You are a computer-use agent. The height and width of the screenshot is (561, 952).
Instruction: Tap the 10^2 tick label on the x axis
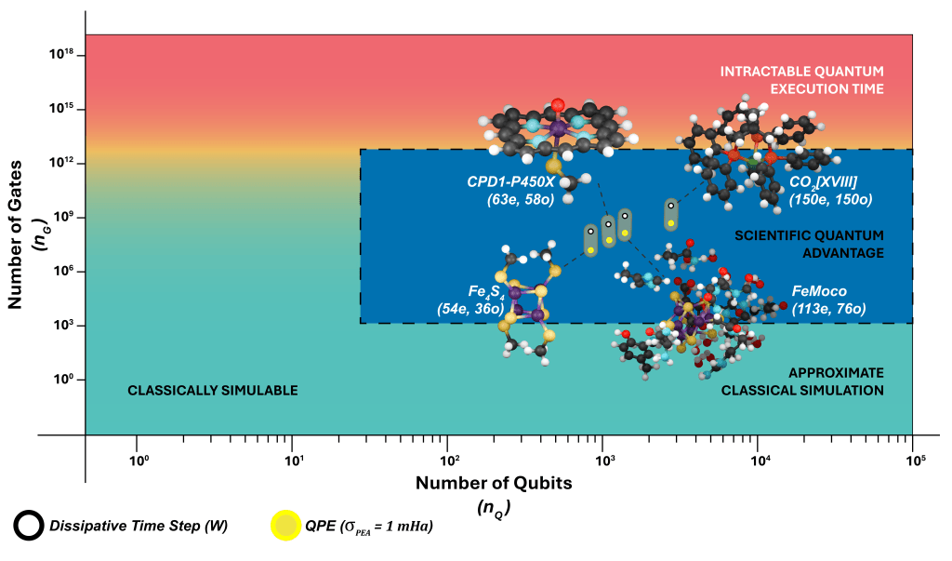coord(448,458)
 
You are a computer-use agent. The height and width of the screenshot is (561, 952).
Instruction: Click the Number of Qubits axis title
coord(493,483)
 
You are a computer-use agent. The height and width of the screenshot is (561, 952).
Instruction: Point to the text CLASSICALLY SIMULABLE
coord(213,391)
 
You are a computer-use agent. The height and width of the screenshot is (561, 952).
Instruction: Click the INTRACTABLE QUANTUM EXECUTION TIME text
coord(801,80)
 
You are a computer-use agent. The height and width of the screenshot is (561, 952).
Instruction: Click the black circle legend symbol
coord(26,527)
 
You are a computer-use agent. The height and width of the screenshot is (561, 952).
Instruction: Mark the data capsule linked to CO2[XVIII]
coord(670,215)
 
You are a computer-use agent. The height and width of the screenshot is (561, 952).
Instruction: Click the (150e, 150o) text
coord(830,199)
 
